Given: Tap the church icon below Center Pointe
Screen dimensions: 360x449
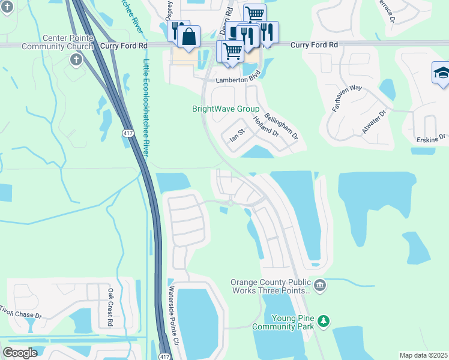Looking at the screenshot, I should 76,59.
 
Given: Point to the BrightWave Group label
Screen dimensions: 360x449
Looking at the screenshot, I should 225,109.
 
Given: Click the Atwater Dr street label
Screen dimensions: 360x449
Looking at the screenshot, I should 367,128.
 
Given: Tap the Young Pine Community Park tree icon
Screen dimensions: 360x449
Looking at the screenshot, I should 324,322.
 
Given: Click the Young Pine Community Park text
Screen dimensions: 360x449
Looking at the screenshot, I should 283,322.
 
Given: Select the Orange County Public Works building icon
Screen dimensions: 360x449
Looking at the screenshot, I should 319,285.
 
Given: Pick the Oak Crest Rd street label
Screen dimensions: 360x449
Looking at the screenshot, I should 110,307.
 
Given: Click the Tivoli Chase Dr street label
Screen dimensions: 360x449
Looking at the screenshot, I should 21,313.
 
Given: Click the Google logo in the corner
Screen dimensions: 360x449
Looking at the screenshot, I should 20,352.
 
